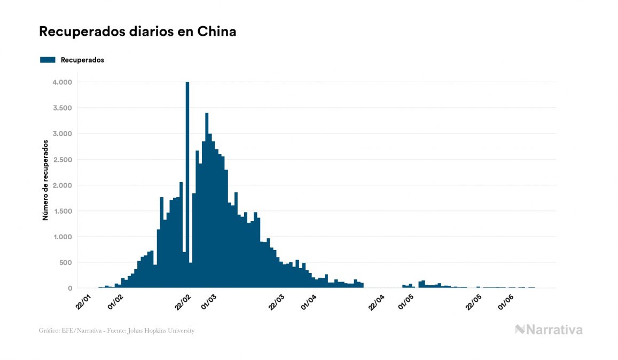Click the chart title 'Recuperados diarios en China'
click(x=137, y=32)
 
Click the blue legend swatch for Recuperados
click(x=48, y=60)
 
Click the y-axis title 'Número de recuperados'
click(x=45, y=180)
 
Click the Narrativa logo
click(x=549, y=330)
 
